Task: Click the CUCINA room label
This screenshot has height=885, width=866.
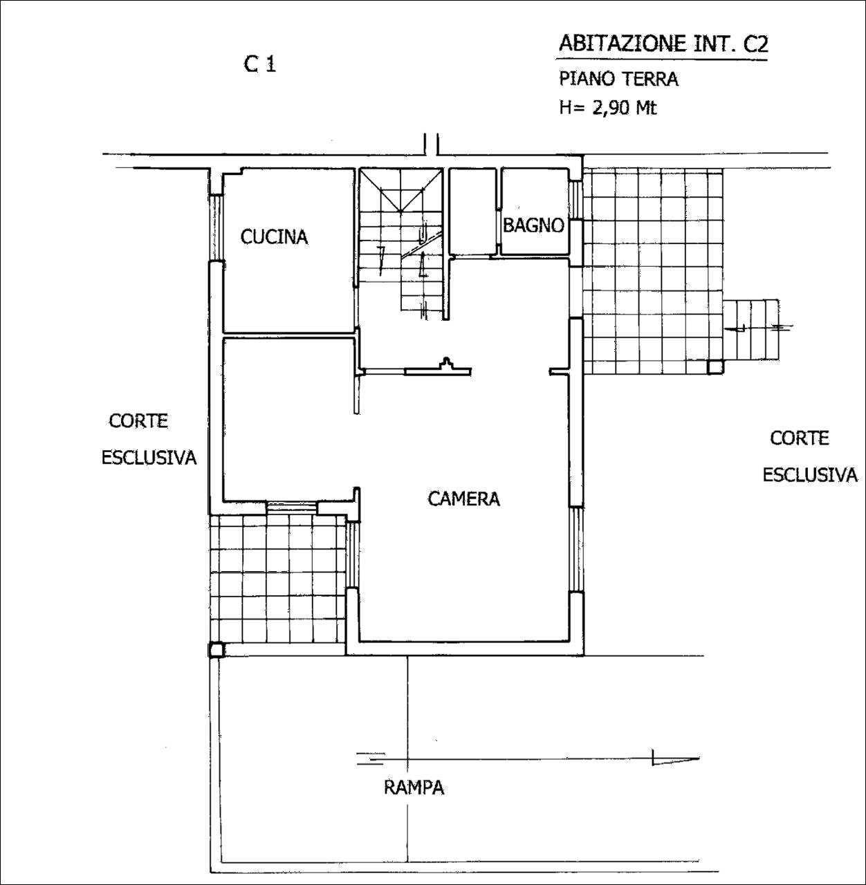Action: click(x=274, y=237)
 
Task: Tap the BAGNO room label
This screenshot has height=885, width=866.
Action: click(x=533, y=225)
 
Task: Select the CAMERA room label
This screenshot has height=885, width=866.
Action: click(x=463, y=499)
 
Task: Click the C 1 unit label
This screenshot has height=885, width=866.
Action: click(x=260, y=64)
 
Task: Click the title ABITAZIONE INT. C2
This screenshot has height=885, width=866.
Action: click(x=663, y=44)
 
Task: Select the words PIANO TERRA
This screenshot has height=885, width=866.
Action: click(x=618, y=79)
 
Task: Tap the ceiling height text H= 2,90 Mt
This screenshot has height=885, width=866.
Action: click(x=608, y=109)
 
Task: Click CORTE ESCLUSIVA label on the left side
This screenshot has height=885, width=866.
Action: click(x=149, y=439)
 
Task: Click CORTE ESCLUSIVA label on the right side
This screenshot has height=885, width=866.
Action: click(x=809, y=456)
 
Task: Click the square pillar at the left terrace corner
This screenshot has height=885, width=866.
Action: click(x=217, y=650)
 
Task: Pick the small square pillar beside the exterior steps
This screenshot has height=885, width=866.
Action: click(x=715, y=367)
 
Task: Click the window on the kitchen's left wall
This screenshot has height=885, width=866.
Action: click(x=217, y=227)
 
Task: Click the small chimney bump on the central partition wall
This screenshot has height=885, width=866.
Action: click(x=447, y=364)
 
